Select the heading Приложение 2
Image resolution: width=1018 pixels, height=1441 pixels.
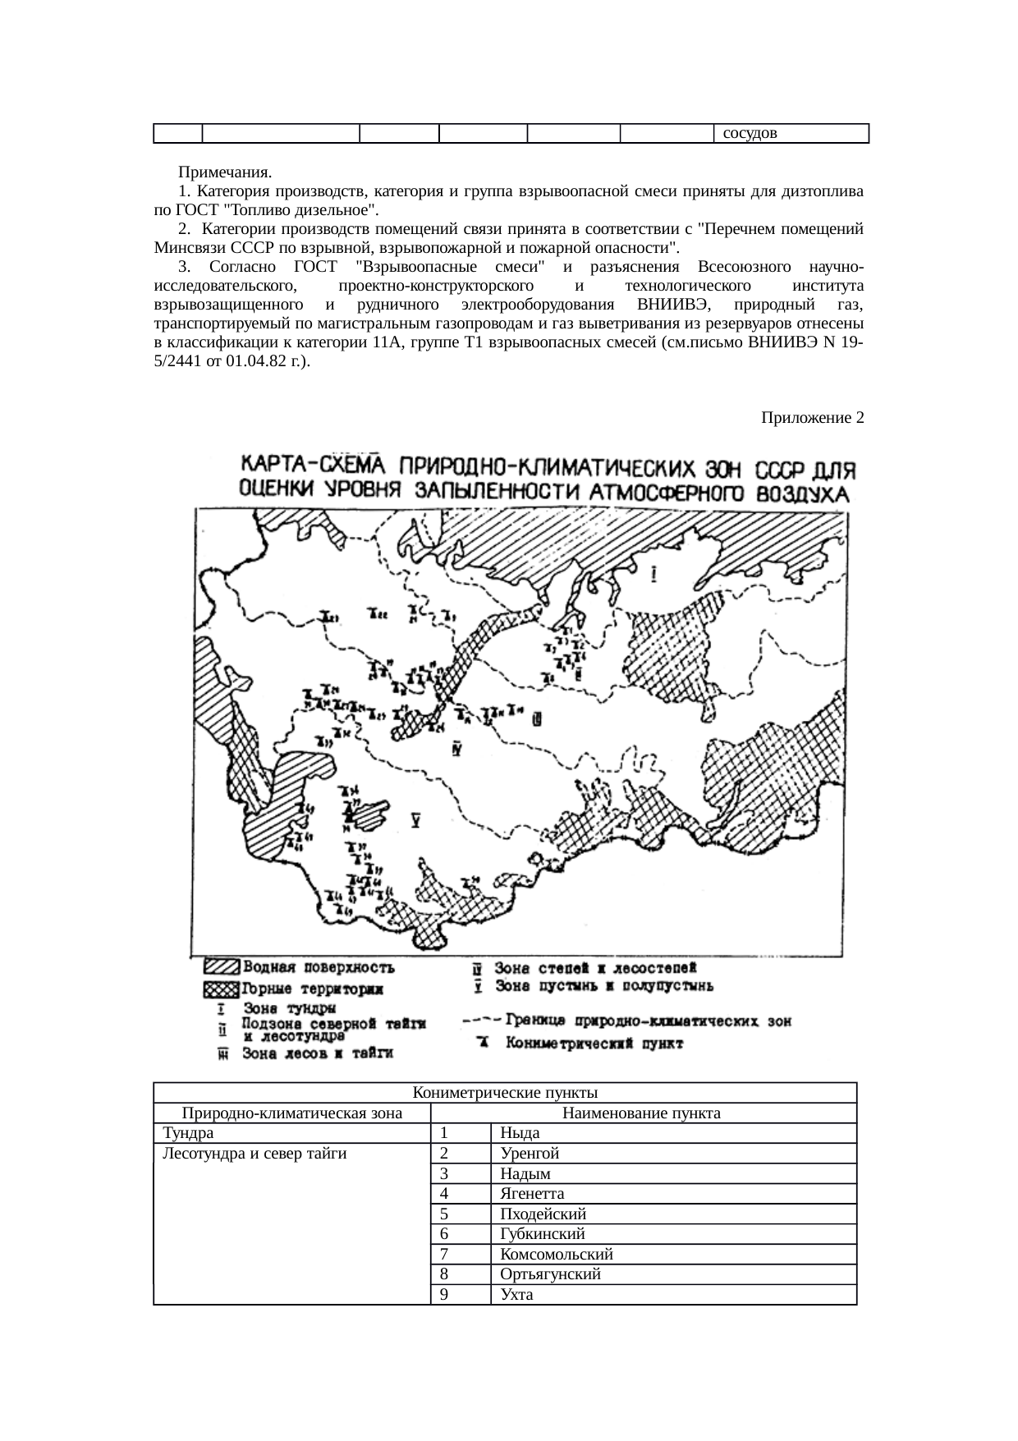click(x=811, y=418)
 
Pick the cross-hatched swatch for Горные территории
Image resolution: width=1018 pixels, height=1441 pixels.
click(x=222, y=988)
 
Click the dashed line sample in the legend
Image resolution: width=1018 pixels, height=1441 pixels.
click(x=481, y=1021)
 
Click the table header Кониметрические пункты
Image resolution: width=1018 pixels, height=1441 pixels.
click(x=505, y=1093)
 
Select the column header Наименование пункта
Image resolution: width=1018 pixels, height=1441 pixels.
click(x=641, y=1113)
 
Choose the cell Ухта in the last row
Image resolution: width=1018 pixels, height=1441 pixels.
click(x=516, y=1295)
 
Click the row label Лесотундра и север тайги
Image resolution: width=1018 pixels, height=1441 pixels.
click(x=254, y=1154)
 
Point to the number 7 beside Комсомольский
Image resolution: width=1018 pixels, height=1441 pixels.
click(x=444, y=1255)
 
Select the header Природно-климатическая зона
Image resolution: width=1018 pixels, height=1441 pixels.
click(x=291, y=1113)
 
